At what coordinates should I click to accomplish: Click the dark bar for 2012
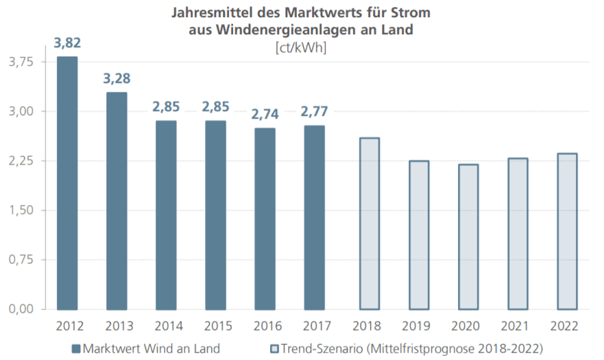[x=67, y=183]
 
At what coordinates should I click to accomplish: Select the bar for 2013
[x=117, y=201]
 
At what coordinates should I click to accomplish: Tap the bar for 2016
[x=265, y=219]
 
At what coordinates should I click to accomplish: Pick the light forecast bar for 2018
[x=370, y=224]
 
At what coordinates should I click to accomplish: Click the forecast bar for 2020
[x=468, y=237]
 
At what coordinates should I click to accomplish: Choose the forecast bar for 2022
[x=567, y=231]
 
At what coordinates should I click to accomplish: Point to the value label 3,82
[x=67, y=43]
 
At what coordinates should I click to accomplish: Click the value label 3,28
[x=117, y=79]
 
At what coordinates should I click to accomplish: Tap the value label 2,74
[x=265, y=115]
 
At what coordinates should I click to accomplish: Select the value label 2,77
[x=315, y=112]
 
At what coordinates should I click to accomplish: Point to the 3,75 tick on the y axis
[x=21, y=62]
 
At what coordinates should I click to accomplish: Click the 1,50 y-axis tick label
[x=21, y=211]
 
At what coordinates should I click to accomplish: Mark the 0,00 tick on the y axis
[x=21, y=309]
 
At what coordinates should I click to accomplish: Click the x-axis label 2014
[x=166, y=325]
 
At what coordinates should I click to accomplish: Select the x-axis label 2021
[x=518, y=325]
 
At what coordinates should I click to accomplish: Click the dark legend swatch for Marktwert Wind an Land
[x=76, y=348]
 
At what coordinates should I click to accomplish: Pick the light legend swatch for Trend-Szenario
[x=276, y=348]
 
